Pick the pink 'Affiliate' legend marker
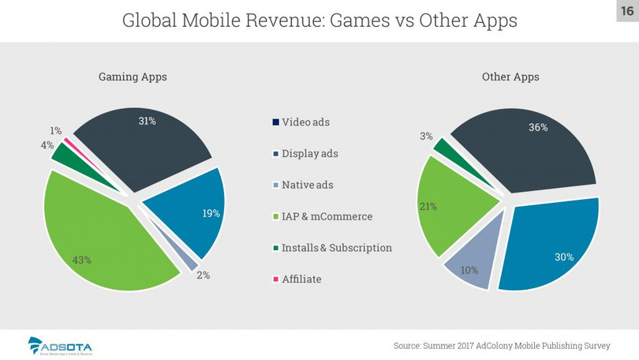[275, 279]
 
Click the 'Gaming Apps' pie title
[133, 77]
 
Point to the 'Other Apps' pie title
[510, 77]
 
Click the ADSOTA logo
[60, 346]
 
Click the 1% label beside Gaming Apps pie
[55, 129]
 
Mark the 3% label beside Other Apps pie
[426, 136]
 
